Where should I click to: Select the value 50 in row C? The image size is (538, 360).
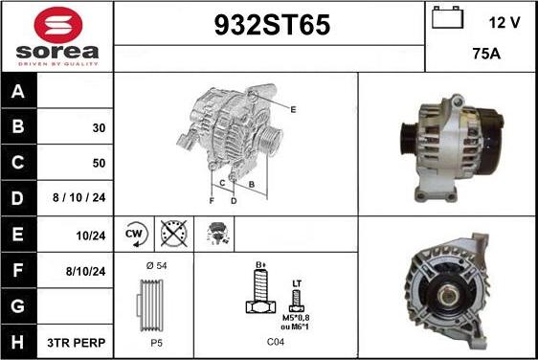tap(99, 164)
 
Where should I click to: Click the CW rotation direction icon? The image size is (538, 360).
tap(135, 234)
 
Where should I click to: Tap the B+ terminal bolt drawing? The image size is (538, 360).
tap(258, 292)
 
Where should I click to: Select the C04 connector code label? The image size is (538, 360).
tap(276, 342)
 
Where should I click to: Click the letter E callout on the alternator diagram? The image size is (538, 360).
tap(293, 110)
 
